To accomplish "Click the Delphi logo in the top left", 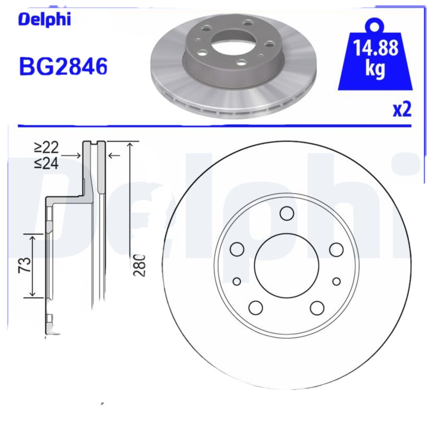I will [45, 20].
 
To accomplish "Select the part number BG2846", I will [63, 66].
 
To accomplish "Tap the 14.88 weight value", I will [375, 49].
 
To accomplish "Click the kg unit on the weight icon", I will [375, 70].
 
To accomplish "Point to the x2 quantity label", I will [402, 110].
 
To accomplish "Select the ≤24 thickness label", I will [46, 163].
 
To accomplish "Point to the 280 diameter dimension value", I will [140, 265].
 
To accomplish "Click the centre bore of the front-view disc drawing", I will [286, 266].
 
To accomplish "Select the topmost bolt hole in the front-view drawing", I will [286, 214].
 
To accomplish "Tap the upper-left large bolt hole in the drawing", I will [237, 249].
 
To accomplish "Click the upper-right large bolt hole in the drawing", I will [336, 249].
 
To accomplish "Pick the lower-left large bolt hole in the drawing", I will [255, 307].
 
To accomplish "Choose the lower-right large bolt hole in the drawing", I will [317, 307].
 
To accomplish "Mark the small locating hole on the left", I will [237, 281].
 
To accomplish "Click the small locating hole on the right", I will [336, 281].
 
